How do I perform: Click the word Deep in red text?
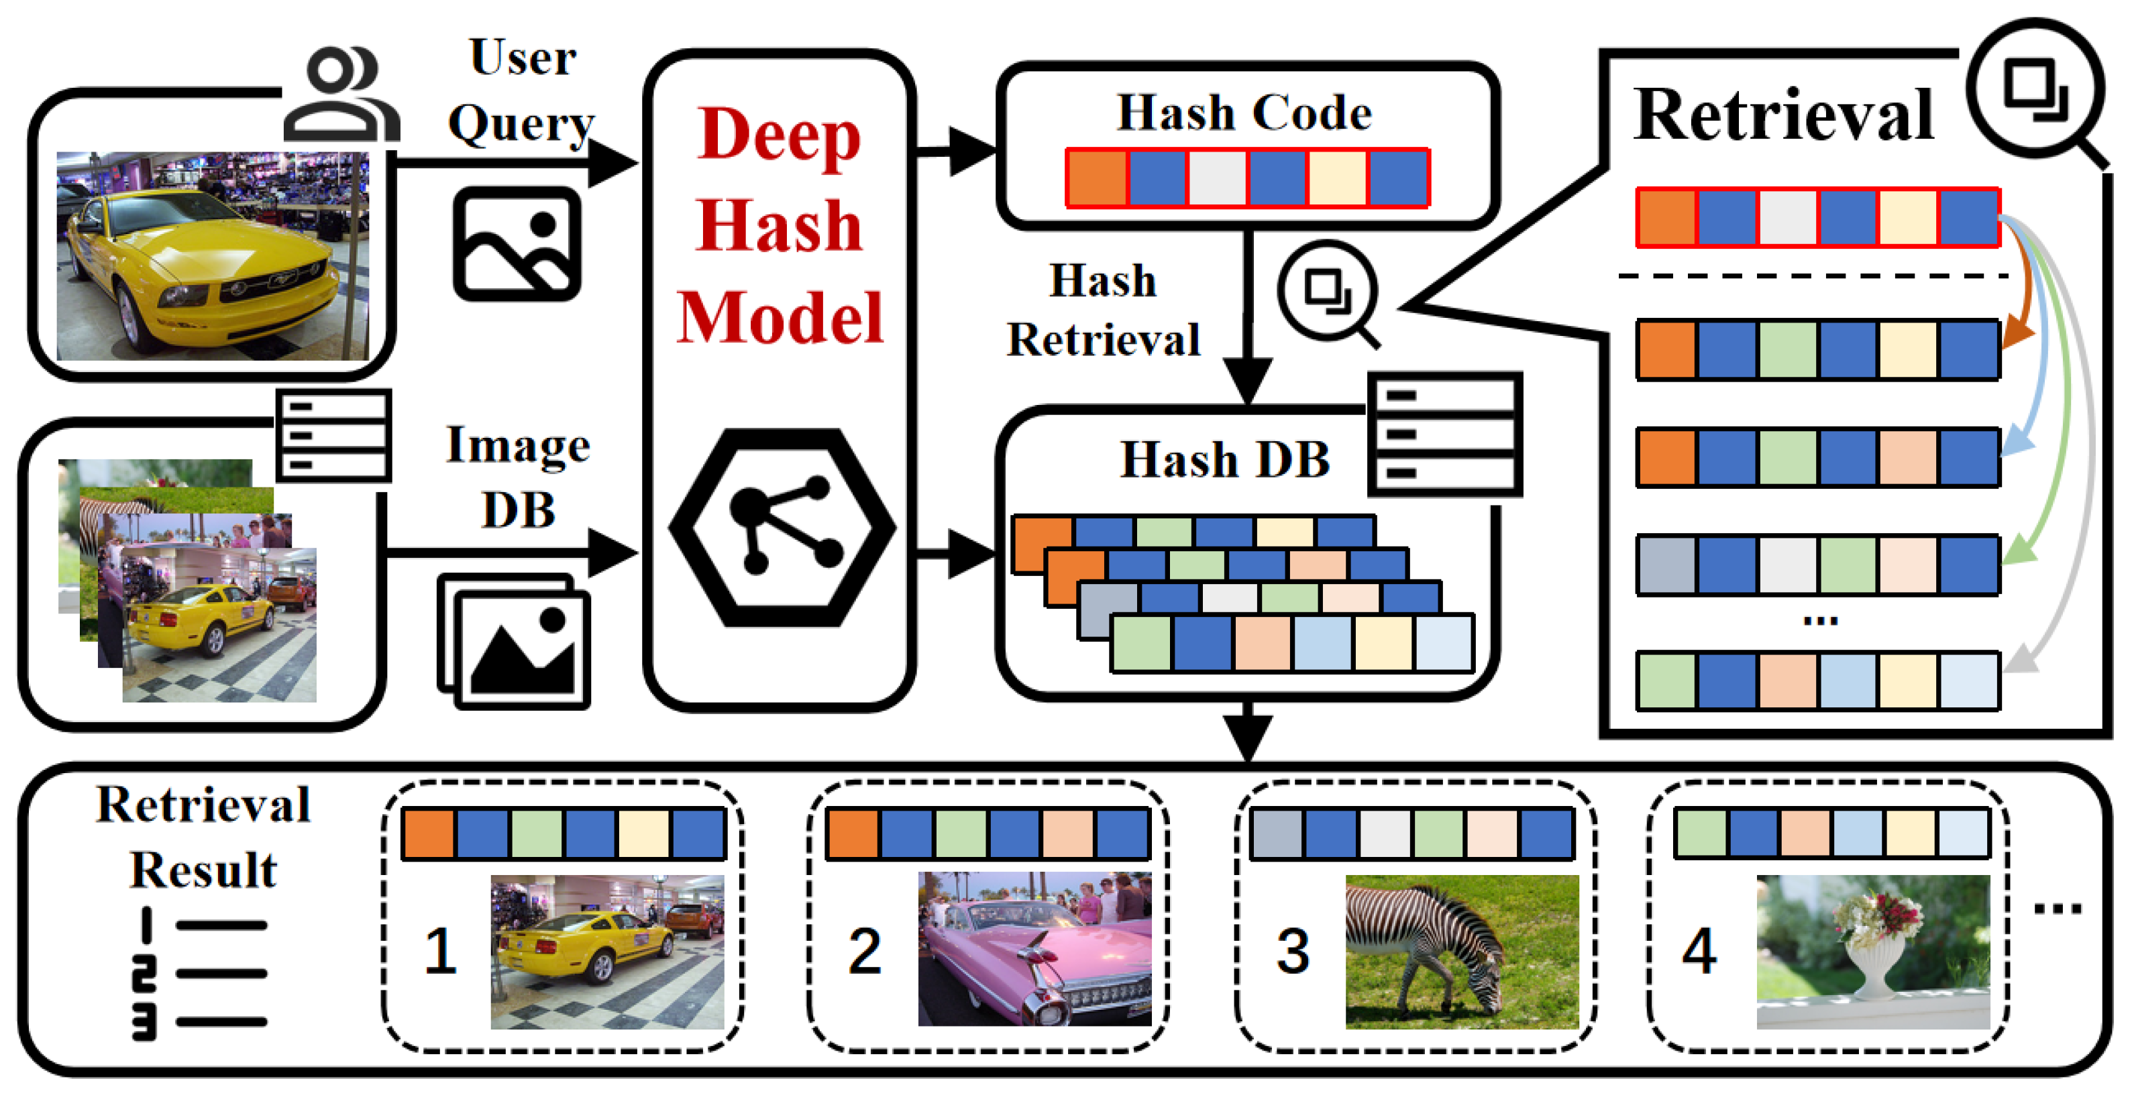779,135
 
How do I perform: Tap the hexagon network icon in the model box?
782,526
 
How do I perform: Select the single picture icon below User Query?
517,244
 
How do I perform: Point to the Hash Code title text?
1244,113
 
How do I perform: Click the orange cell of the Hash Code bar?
1096,178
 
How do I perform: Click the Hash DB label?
1224,459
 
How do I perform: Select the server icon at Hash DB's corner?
1444,434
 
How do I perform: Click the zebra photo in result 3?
1461,952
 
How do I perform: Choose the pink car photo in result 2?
1034,949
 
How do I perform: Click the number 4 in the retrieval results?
1699,950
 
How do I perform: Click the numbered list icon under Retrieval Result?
199,974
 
